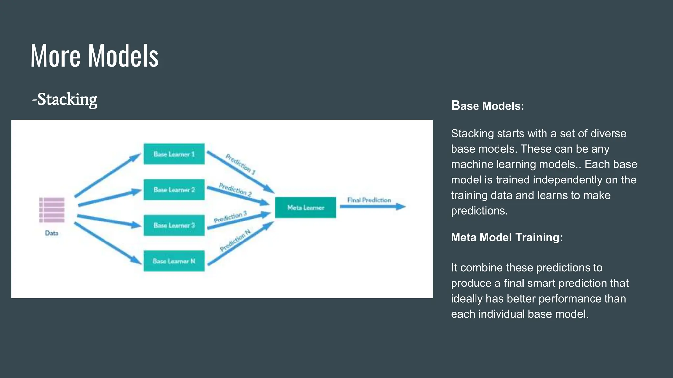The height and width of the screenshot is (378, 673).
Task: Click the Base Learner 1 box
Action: coord(174,154)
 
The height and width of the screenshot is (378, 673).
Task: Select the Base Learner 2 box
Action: coord(174,190)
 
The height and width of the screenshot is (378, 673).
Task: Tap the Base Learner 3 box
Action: coord(174,225)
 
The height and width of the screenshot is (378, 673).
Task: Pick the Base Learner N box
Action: coord(174,261)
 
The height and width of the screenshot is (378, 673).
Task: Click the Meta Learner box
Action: coord(305,207)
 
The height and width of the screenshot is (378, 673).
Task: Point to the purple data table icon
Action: coord(52,210)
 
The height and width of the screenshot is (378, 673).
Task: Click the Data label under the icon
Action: coord(52,233)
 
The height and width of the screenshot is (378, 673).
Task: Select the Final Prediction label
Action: coord(369,200)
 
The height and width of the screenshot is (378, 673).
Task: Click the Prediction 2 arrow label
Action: coord(235,189)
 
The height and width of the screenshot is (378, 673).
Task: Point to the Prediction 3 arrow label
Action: coord(230,217)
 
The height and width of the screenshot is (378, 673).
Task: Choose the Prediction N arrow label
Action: coord(235,240)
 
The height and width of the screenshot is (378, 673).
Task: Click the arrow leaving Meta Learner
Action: coord(373,207)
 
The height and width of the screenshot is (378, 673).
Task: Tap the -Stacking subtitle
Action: coord(65,99)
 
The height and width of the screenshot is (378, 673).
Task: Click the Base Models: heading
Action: coord(487,106)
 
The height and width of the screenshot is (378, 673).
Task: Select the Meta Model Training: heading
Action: coord(507,237)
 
